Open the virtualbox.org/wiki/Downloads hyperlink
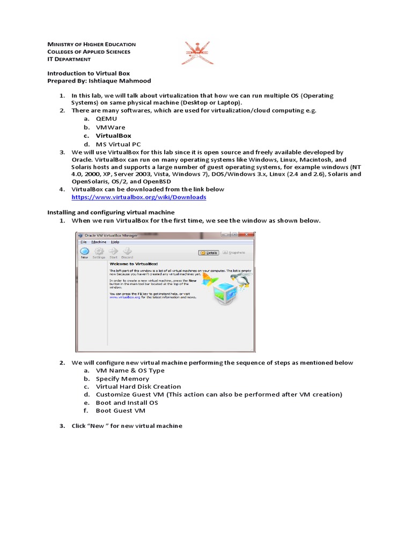coord(139,197)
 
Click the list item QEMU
coord(106,118)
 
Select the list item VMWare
coord(110,128)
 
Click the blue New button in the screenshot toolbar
coord(84,252)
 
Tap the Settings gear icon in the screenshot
coord(99,252)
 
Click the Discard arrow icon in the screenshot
coord(127,252)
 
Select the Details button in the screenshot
coord(209,253)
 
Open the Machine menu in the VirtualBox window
coord(99,242)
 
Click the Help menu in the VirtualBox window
coord(115,242)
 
